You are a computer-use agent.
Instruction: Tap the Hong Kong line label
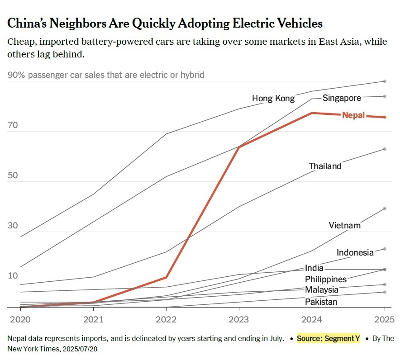tap(273, 98)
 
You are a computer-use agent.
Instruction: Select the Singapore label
tap(342, 98)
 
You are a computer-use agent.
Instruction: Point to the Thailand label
tap(325, 166)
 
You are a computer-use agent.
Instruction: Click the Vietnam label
tap(344, 225)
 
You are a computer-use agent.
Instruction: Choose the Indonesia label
tap(355, 252)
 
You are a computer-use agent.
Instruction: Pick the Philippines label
tap(325, 279)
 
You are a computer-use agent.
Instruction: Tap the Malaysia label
tap(321, 289)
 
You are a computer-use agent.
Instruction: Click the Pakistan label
tap(321, 302)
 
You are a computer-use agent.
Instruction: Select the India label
tap(314, 268)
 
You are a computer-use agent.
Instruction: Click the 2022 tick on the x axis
tap(166, 319)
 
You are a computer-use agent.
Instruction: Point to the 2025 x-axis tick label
tap(384, 319)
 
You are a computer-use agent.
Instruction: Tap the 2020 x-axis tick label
tap(20, 319)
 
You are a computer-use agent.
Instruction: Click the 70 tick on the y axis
tap(13, 125)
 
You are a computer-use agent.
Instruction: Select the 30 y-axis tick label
tap(13, 226)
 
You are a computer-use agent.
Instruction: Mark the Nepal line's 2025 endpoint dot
tap(385, 117)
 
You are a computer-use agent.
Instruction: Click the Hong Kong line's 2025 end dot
tap(385, 81)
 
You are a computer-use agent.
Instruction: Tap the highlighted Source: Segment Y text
tap(329, 338)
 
